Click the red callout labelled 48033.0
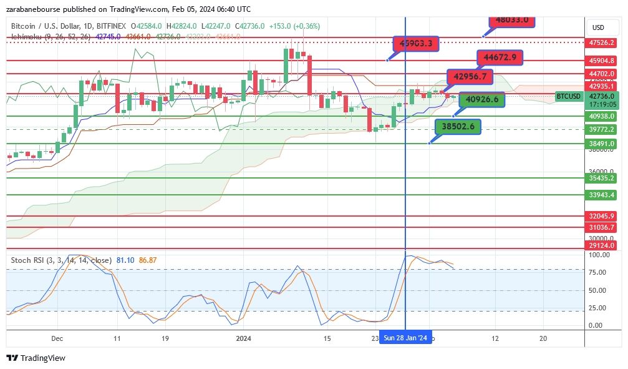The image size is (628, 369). pos(512,19)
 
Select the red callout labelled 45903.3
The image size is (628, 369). pos(416,43)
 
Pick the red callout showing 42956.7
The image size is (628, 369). pos(470,76)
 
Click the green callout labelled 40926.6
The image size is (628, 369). pos(482,99)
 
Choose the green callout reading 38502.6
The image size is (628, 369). pos(458,127)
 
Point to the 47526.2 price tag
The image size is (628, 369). pos(602,42)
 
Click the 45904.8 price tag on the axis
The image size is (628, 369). pos(602,61)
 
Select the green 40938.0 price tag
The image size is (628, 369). pos(602,116)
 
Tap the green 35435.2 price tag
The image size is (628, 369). pos(602,178)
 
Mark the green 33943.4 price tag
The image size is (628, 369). pos(602,195)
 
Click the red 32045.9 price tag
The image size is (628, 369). pos(602,216)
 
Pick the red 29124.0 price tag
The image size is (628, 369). pos(602,246)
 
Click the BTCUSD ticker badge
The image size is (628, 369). pos(569,96)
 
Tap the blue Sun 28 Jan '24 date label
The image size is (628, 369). pos(405,338)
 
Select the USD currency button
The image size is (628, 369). pos(599,27)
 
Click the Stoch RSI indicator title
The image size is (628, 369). pos(61,260)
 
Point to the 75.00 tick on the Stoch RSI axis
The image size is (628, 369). pos(599,272)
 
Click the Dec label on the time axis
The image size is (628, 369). pos(57,338)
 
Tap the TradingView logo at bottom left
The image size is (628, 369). pos(36,358)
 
